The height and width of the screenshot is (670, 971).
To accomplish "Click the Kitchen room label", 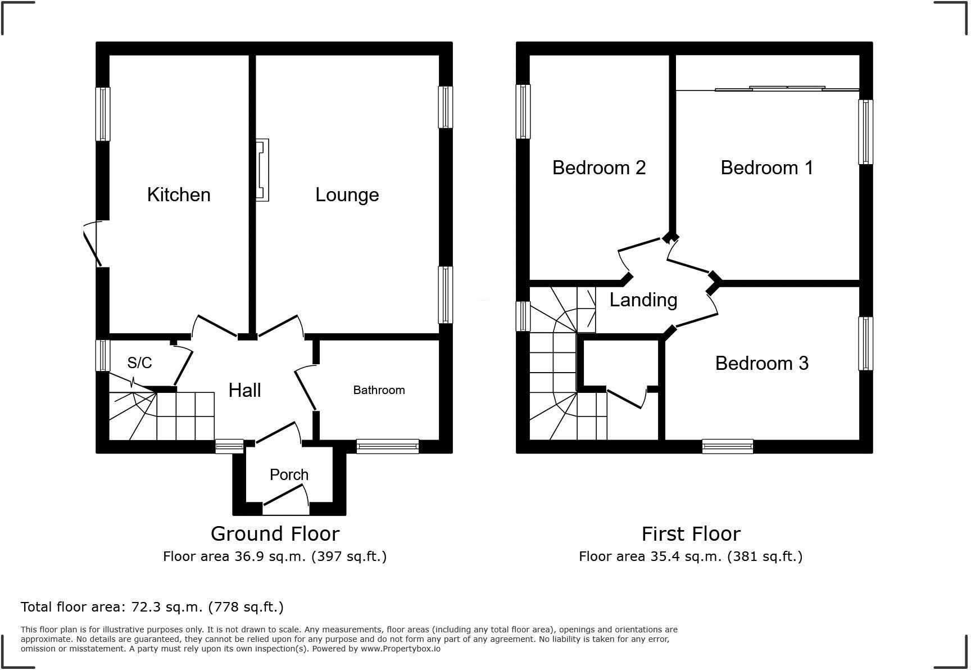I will coord(179,195).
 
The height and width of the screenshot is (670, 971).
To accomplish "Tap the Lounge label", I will coord(347,195).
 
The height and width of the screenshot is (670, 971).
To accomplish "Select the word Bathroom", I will coord(379,390).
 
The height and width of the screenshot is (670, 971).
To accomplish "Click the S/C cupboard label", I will coord(139,363).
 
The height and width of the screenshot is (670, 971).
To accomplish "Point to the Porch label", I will coord(289,475).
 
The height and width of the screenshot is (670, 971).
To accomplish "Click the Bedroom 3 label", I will coord(761,364).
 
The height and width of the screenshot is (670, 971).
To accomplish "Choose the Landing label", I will coord(643,300).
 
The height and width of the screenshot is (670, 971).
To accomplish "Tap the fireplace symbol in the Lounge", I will coord(262,170).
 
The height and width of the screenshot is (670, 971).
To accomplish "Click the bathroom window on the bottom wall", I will coord(387,446).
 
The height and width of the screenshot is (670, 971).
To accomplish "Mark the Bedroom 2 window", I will coord(523,111).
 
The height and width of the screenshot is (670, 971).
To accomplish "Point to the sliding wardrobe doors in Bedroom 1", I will coord(770,88).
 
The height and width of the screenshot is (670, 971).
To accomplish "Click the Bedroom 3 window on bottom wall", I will coord(727,446).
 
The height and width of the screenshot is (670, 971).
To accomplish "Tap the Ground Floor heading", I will coord(275,533).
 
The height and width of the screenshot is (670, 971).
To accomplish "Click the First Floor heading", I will coord(691,533).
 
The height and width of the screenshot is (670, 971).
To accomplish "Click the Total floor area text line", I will coord(152,607).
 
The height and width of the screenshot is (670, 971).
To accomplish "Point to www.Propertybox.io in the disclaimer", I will coord(400,649).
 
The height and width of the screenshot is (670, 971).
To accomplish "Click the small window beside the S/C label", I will coord(103,355).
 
